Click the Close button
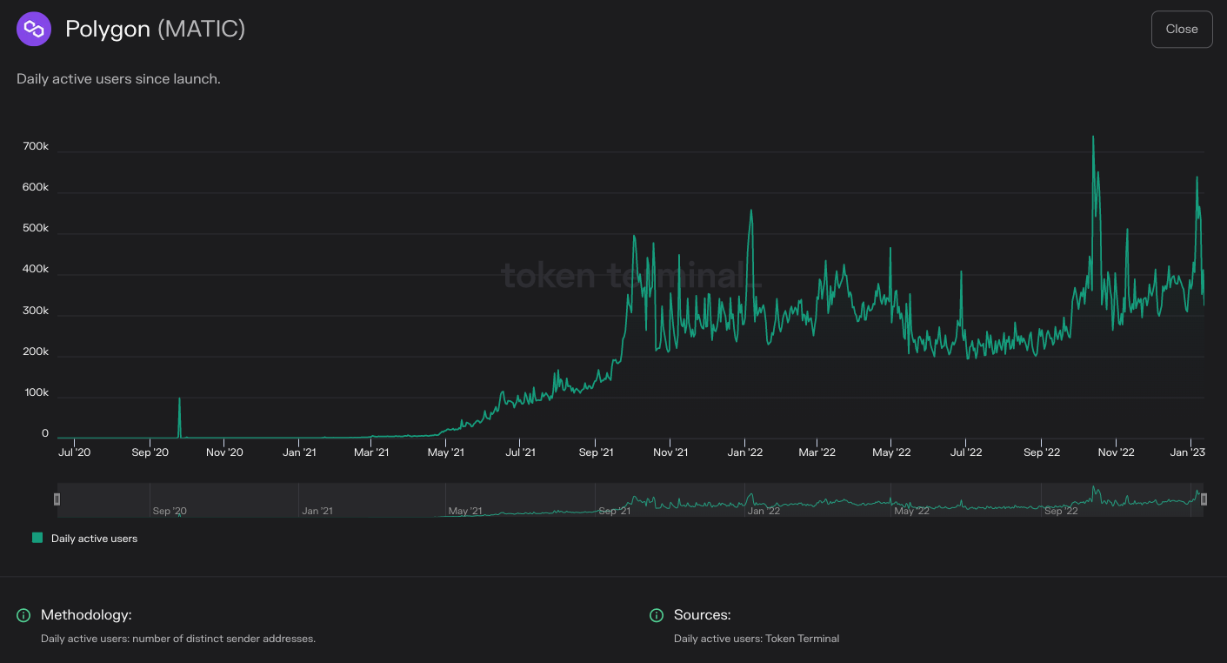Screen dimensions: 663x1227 point(1181,30)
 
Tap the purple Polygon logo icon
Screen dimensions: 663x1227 point(34,30)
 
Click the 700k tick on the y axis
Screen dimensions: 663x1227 point(36,147)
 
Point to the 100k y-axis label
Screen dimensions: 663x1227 point(36,393)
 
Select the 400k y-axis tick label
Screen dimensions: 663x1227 point(36,270)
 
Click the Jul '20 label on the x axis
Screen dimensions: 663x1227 point(74,452)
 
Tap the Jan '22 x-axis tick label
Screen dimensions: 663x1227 point(745,452)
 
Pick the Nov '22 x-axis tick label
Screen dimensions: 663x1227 point(1116,452)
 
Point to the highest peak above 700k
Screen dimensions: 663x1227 point(1093,137)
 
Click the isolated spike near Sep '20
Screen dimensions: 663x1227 point(179,399)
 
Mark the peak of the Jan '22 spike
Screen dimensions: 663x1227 point(751,211)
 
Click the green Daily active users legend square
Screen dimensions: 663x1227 point(37,538)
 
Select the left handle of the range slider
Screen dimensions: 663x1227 point(57,499)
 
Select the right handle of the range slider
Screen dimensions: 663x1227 point(1204,499)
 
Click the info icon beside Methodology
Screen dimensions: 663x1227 point(23,616)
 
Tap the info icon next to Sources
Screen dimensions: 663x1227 point(657,616)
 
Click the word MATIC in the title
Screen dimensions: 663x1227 point(201,30)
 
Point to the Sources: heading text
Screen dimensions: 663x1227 point(702,615)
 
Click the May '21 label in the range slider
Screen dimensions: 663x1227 point(465,511)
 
